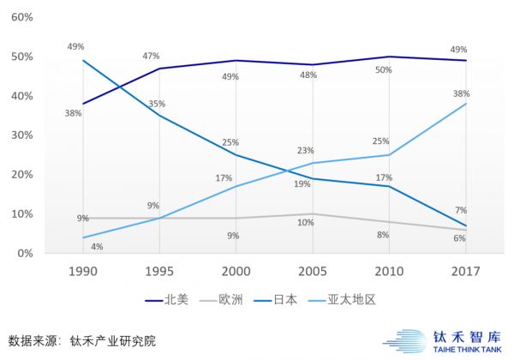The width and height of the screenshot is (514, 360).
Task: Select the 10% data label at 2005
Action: point(306,223)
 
